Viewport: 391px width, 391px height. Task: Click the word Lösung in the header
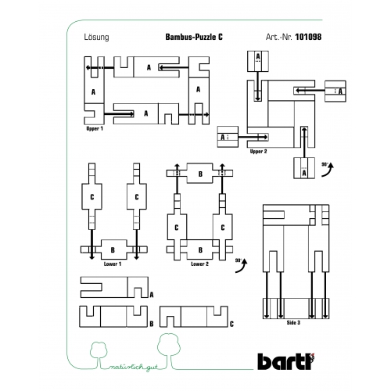96,38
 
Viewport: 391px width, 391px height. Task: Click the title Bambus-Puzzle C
194,37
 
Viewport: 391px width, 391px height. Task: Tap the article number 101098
308,37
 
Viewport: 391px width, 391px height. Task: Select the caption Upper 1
95,128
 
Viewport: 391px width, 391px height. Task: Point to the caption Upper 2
258,152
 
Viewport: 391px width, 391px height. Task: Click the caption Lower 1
113,264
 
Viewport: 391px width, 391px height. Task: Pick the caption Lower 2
199,264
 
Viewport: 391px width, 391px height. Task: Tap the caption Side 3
293,323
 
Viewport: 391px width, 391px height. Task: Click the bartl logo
286,361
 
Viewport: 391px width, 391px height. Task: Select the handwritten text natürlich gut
133,367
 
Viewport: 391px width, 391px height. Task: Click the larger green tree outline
169,351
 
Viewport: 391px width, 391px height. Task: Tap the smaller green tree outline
99,354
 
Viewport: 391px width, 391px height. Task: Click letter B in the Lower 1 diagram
113,250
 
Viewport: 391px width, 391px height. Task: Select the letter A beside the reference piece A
152,295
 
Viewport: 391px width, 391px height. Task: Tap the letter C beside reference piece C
231,324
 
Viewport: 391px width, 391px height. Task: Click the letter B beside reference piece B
152,324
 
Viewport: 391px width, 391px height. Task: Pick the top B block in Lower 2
200,174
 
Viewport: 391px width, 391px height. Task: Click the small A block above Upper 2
258,61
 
